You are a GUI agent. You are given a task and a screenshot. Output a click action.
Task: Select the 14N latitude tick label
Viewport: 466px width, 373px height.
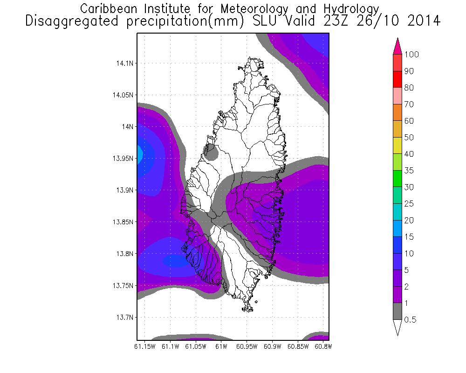pyautogui.click(x=127, y=126)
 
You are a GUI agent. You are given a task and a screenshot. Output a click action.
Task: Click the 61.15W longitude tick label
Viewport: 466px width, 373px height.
pyautogui.click(x=144, y=346)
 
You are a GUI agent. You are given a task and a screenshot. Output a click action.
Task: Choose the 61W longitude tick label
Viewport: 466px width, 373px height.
pyautogui.click(x=221, y=346)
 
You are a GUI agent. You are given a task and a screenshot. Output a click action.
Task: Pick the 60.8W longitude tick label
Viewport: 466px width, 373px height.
pyautogui.click(x=322, y=346)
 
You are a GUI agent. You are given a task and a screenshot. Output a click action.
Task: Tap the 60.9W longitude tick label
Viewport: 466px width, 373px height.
pyautogui.click(x=272, y=346)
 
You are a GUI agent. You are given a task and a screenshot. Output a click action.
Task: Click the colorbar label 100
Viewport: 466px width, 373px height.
pyautogui.click(x=411, y=55)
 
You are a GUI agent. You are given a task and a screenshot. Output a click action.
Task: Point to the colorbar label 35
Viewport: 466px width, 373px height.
pyautogui.click(x=409, y=171)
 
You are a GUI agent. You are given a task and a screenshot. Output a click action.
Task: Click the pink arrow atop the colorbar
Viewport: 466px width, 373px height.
pyautogui.click(x=397, y=46)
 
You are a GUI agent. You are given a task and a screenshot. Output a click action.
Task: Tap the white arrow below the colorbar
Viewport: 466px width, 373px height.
pyautogui.click(x=397, y=328)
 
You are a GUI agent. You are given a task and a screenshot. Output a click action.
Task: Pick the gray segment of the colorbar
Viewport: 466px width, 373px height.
pyautogui.click(x=397, y=311)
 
